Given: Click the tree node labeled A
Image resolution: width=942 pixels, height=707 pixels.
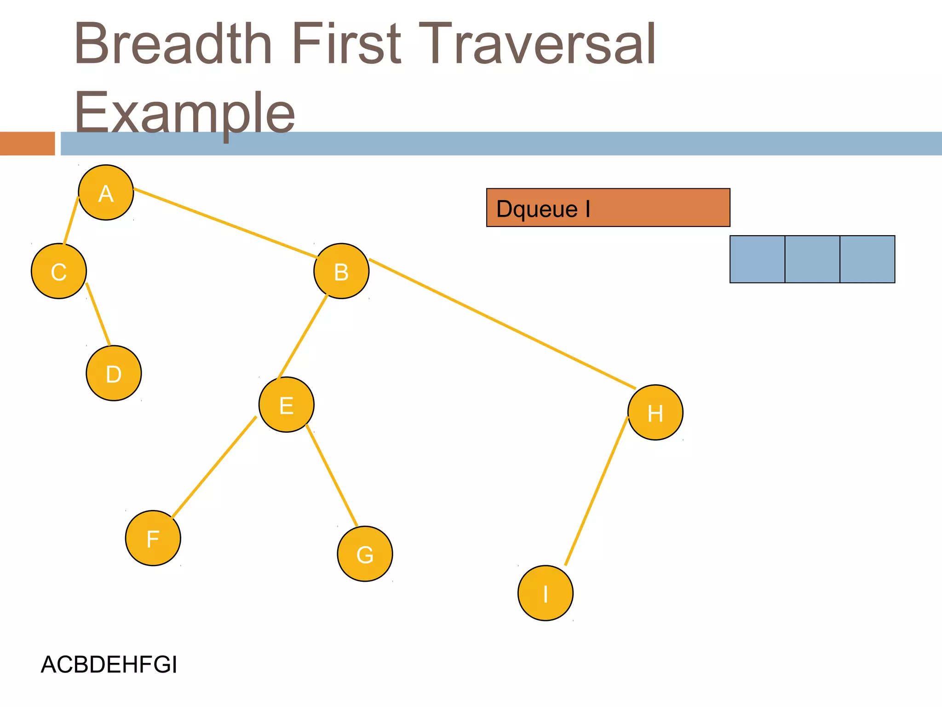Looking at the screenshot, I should click(106, 192).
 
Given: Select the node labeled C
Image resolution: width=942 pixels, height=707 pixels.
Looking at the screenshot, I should click(59, 271).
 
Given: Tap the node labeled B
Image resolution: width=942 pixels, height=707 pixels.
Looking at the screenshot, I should click(341, 271).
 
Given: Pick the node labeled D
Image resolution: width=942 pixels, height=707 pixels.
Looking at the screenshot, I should click(114, 373).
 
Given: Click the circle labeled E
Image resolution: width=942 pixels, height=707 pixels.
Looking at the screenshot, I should click(287, 405).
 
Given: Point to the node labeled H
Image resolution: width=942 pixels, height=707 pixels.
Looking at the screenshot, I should click(655, 412).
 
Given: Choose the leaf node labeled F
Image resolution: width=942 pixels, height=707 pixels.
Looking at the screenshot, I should click(153, 538).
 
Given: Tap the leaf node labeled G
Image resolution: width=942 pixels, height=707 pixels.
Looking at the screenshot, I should click(365, 554).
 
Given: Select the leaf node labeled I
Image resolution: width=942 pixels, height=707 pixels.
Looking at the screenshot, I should click(546, 593).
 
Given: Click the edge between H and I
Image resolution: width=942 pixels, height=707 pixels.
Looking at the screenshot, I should click(596, 491).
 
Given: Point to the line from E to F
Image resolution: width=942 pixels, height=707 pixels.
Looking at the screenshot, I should click(214, 467).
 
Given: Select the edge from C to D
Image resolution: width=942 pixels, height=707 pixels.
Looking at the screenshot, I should click(98, 314).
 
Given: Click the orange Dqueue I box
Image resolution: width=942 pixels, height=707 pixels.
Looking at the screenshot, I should click(608, 208).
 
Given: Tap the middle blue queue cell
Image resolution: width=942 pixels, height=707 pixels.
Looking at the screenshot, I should click(812, 259).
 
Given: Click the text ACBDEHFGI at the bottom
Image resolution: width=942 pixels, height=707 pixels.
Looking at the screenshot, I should click(109, 665).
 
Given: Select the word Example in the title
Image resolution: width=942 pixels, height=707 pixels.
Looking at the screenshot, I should click(184, 112).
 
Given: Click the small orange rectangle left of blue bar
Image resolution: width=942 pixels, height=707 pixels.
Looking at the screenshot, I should click(27, 144).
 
